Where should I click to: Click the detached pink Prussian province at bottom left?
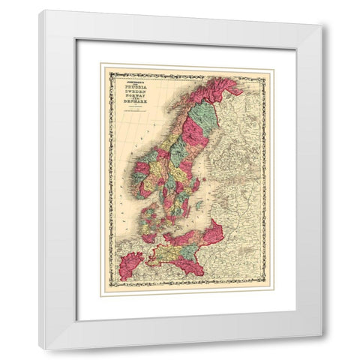click(x=132, y=264)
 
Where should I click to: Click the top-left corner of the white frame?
click(x=40, y=10)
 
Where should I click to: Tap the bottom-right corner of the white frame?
click(x=323, y=349)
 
